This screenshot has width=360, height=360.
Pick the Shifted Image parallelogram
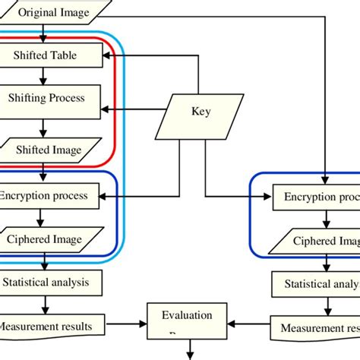(x=49, y=150)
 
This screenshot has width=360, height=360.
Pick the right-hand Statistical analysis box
(x=316, y=284)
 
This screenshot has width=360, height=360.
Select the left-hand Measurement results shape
(x=49, y=326)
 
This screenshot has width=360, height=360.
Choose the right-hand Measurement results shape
(x=315, y=328)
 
